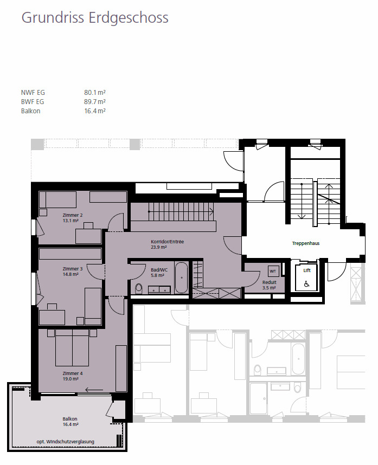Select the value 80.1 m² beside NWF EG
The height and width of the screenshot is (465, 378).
point(95,93)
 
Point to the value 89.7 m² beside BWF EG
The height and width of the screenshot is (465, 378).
point(95,102)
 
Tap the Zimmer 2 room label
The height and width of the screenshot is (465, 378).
point(72,215)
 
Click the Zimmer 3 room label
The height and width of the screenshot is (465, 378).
point(72,269)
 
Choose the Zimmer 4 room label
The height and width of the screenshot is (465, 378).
point(72,373)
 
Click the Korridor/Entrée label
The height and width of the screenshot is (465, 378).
point(168,242)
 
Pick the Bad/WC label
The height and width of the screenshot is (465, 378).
point(159,270)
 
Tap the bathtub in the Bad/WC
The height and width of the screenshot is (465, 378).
point(181,277)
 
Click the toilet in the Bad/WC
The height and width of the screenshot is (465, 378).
point(138,288)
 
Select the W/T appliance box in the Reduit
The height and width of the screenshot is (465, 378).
point(273,271)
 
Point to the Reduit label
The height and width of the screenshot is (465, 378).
point(270,282)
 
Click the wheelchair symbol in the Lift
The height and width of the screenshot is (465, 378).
point(307,284)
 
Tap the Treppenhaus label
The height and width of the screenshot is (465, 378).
point(306,243)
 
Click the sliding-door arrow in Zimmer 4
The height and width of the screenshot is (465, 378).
point(94,390)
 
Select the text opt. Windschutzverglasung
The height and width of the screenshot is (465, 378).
point(65,442)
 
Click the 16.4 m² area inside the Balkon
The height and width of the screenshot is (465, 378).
point(71,424)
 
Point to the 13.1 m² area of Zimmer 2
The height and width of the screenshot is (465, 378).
point(71,221)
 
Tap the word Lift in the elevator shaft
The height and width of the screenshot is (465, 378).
point(307,270)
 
